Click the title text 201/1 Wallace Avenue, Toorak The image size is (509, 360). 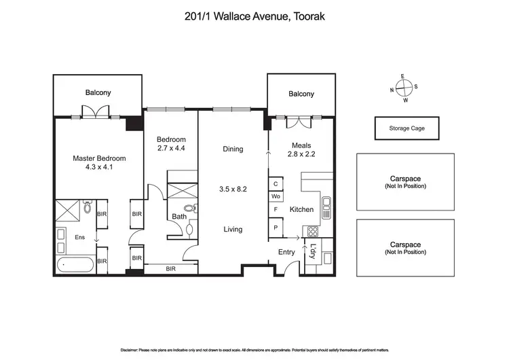tap(254, 18)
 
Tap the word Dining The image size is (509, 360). tap(233, 149)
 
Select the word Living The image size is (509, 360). tap(233, 230)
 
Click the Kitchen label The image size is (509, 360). tap(301, 210)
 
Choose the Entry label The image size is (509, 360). tap(286, 252)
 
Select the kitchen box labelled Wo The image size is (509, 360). tap(276, 197)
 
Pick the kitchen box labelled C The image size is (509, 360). tap(276, 184)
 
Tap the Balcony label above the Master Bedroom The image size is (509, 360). tap(98, 93)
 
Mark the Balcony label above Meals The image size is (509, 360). tap(301, 94)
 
